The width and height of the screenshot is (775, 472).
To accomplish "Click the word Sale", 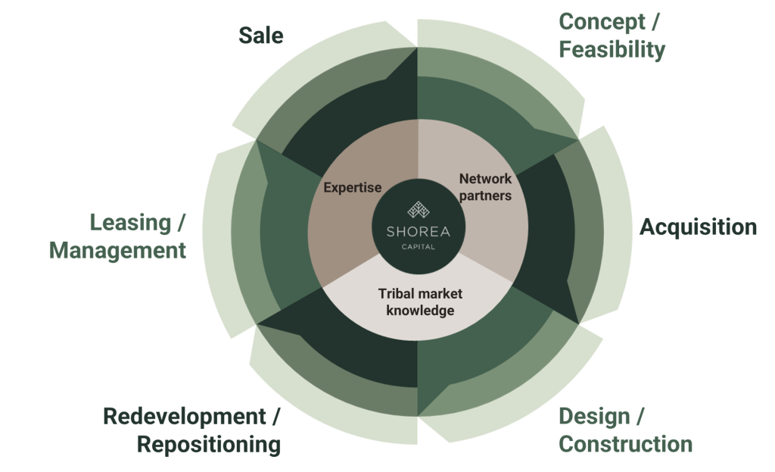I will pos(261,35).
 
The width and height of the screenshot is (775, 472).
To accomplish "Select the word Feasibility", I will pos(612,50).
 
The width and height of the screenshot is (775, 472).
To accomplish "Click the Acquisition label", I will pos(698,227).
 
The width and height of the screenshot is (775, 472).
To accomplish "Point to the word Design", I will pos(593,416).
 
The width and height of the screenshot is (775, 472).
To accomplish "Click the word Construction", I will pos(625,444).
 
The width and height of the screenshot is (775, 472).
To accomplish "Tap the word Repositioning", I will pos(209,444).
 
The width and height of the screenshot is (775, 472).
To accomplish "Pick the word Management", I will pos(117,251).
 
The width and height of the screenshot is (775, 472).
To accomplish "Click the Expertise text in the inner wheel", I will pos(353,187).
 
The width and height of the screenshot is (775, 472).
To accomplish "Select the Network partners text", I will pos(485,187).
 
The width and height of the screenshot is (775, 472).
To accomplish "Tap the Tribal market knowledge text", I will pos(419,302).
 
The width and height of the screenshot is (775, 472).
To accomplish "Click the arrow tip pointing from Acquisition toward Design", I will pos(578,322).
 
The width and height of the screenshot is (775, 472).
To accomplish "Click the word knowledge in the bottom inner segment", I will pos(420,311).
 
